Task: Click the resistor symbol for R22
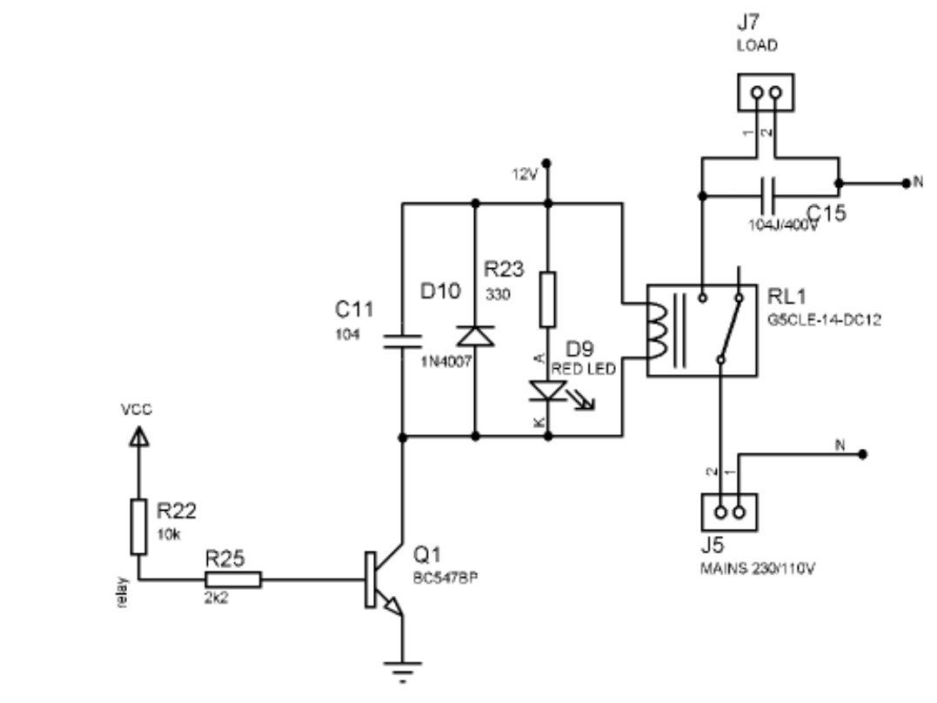pos(138,527)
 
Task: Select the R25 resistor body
pos(233,580)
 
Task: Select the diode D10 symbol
pos(475,335)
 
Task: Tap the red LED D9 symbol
pos(547,391)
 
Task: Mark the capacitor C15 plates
pos(766,196)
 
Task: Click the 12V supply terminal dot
pos(547,162)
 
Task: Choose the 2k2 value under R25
pos(217,599)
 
